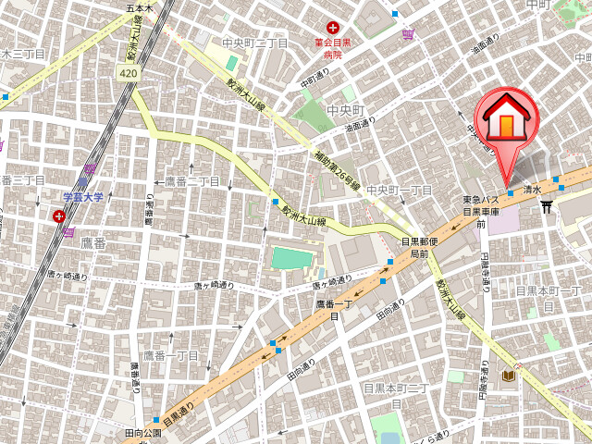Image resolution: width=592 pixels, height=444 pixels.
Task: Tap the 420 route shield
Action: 129,71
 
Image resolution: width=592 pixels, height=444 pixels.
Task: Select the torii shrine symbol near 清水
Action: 546,206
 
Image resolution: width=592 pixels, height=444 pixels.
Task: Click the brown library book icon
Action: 508,376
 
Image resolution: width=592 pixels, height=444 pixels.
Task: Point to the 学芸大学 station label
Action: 83,198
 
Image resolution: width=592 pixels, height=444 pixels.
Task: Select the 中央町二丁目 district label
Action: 256,43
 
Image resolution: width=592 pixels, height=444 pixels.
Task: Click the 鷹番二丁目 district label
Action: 192,181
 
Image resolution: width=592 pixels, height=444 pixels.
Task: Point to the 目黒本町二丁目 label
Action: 395,395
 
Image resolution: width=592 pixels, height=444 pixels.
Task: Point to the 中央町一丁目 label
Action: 400,190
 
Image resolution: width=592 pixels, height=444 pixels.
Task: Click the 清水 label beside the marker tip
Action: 531,188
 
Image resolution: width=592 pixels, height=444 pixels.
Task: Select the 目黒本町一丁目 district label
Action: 548,297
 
